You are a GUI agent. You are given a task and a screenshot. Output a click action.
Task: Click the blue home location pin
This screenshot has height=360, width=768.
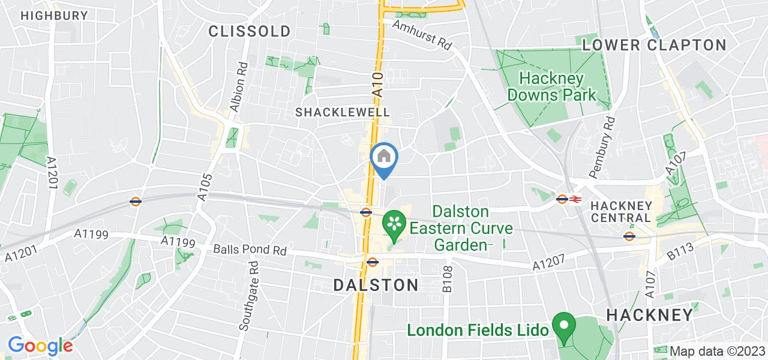(x=384, y=158)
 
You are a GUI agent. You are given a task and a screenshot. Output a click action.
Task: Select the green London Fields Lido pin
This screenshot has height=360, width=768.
(x=563, y=326)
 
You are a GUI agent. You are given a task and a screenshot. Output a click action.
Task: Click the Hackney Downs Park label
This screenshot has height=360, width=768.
(x=552, y=86)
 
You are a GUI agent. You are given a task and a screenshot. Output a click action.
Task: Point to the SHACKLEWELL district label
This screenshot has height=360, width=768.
(x=343, y=112)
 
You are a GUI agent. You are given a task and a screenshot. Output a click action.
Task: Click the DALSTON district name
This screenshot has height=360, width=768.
(x=376, y=285)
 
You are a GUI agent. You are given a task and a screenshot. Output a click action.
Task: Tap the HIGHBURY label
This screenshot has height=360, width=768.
(x=54, y=16)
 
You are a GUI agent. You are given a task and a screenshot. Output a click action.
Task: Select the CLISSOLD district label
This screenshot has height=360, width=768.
(x=250, y=31)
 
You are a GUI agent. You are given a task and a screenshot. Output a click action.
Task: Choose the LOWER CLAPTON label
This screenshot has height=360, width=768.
(x=654, y=45)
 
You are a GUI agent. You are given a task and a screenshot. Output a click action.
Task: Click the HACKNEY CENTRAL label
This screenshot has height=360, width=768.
(x=621, y=211)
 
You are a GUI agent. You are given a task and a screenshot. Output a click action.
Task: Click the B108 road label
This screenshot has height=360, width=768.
(x=447, y=280)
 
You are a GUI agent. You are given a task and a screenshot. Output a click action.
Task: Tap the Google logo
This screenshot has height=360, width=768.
(x=40, y=346)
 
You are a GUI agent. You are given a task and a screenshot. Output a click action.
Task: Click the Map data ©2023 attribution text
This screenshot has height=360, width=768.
(x=718, y=352)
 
